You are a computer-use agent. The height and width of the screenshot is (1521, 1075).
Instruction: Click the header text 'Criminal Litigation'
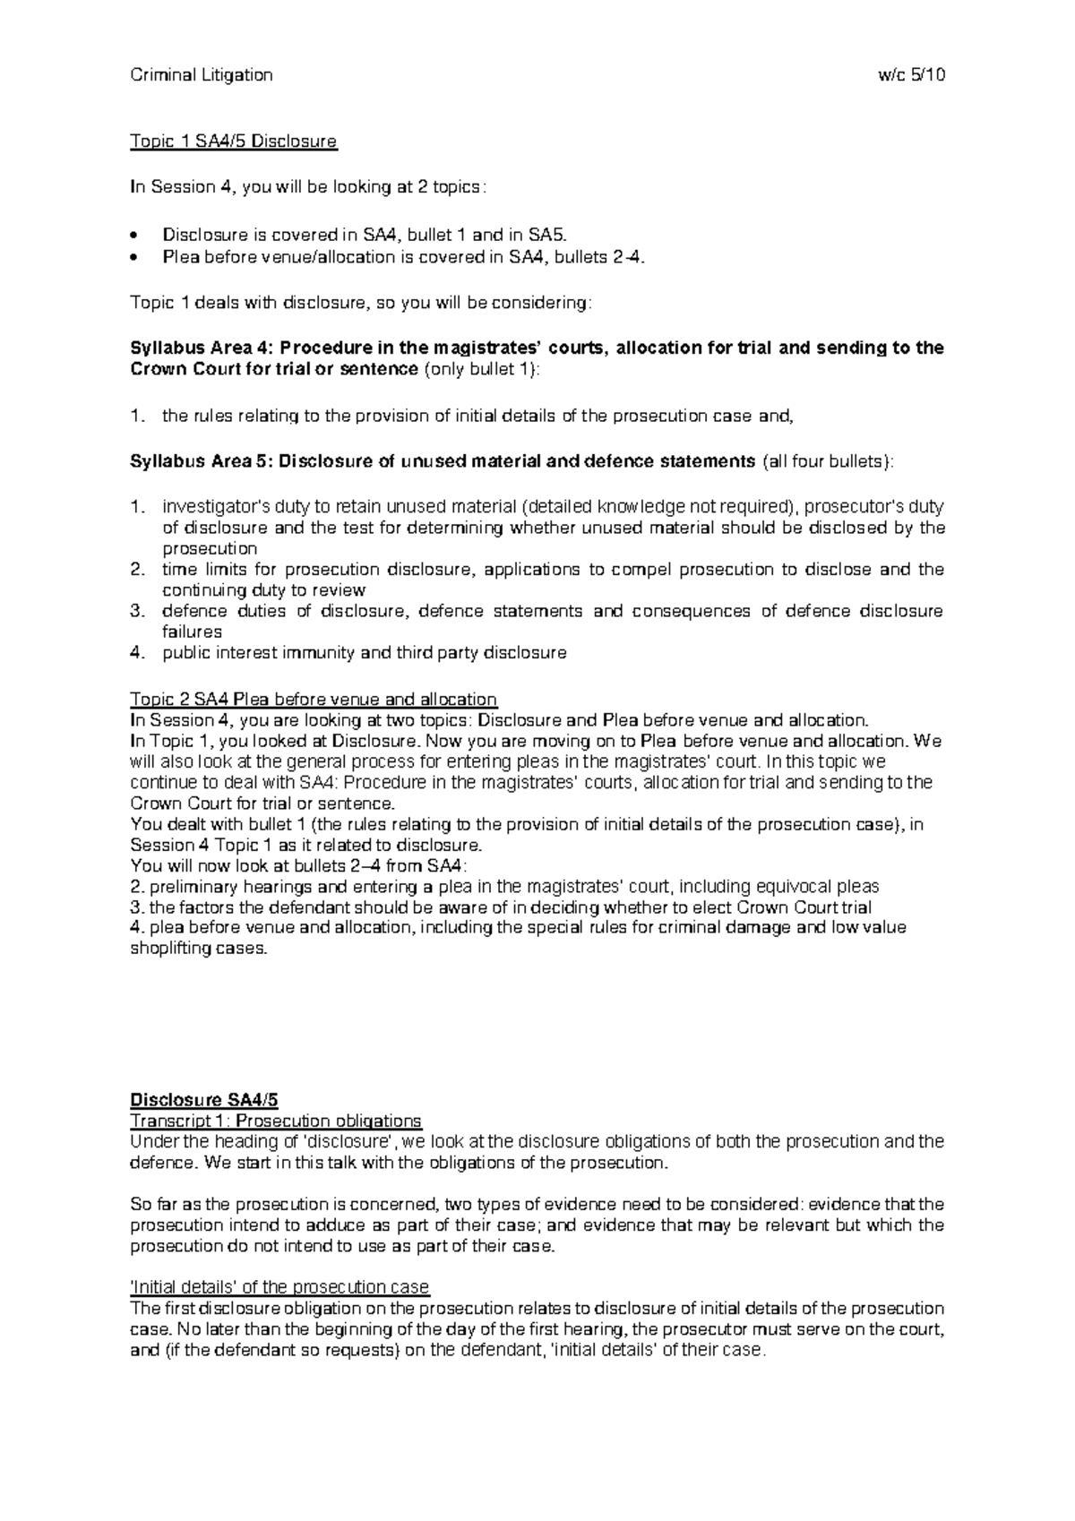[201, 75]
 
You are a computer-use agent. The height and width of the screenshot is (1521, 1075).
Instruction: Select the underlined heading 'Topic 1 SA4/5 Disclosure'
[233, 142]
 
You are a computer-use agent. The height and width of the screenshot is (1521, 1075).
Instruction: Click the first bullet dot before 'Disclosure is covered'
[134, 236]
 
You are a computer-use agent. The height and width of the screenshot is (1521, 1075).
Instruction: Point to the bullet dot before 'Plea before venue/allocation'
[134, 257]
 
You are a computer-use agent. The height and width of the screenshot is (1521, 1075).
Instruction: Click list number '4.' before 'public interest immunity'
[137, 653]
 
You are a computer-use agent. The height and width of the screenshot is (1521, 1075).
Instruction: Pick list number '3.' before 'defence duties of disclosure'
[137, 612]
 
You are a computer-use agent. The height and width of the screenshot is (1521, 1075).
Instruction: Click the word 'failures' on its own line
[192, 632]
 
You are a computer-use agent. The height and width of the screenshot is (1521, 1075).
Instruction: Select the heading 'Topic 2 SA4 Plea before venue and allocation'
[314, 699]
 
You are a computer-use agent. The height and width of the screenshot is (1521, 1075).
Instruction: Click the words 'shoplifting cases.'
[199, 949]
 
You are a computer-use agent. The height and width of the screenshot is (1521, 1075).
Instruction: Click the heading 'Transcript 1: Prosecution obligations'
[275, 1121]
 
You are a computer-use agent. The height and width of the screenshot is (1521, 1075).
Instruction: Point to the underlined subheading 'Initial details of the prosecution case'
[279, 1288]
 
